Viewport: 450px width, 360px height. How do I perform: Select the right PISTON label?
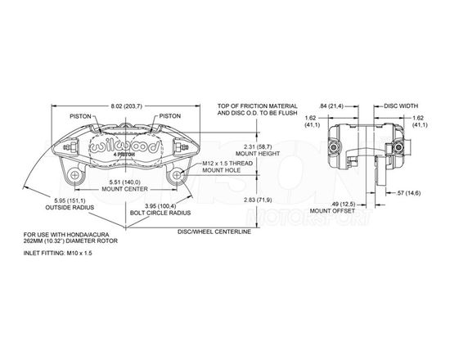point(170,115)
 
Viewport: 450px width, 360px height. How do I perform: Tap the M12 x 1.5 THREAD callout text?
point(228,163)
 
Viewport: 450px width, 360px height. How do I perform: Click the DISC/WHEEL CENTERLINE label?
point(214,231)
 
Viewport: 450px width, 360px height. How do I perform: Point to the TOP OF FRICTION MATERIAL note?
point(254,107)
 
